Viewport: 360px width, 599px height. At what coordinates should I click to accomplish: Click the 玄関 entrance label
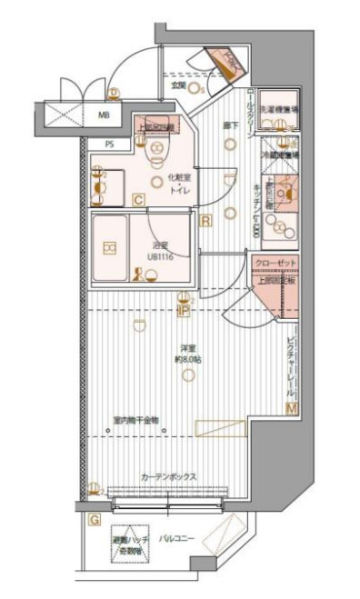[x=177, y=86]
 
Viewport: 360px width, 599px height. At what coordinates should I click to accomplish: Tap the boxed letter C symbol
[x=138, y=199]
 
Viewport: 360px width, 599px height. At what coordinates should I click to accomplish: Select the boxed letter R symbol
[x=206, y=220]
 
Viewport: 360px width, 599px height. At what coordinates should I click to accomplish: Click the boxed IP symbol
[x=183, y=310]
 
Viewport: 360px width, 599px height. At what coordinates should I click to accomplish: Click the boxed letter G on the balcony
[x=94, y=520]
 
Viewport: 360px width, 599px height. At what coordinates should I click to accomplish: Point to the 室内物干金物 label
[x=136, y=420]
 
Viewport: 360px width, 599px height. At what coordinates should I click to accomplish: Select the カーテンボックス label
[x=169, y=476]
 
